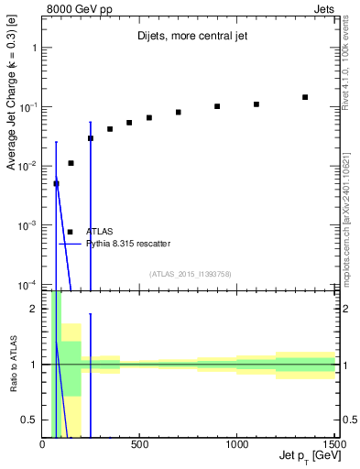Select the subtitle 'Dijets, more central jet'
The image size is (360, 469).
(188, 38)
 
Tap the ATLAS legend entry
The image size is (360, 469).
(99, 232)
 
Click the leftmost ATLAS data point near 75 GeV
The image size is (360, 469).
(56, 184)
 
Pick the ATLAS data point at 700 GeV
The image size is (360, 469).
(179, 113)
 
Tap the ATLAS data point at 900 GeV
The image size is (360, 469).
(217, 106)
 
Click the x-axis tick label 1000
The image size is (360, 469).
(236, 444)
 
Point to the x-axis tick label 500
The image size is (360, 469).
(139, 444)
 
